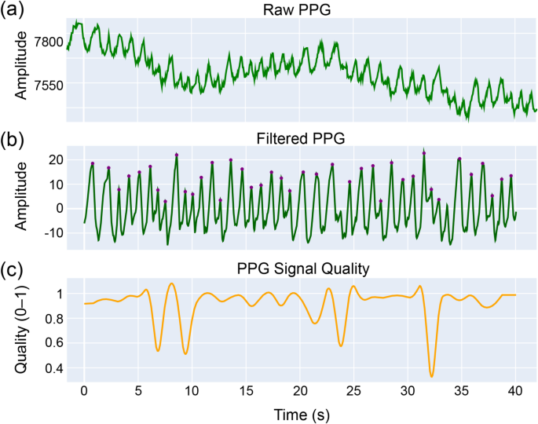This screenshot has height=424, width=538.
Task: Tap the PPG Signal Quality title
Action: (301, 269)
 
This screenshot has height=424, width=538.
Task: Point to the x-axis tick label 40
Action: (514, 391)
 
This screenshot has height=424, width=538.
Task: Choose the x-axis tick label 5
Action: (138, 391)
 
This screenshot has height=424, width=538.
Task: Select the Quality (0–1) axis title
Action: (22, 330)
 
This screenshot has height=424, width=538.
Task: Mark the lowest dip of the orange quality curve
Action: (432, 376)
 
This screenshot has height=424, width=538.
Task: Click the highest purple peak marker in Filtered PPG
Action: (424, 152)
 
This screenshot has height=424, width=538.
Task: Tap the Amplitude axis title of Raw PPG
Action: (22, 64)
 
